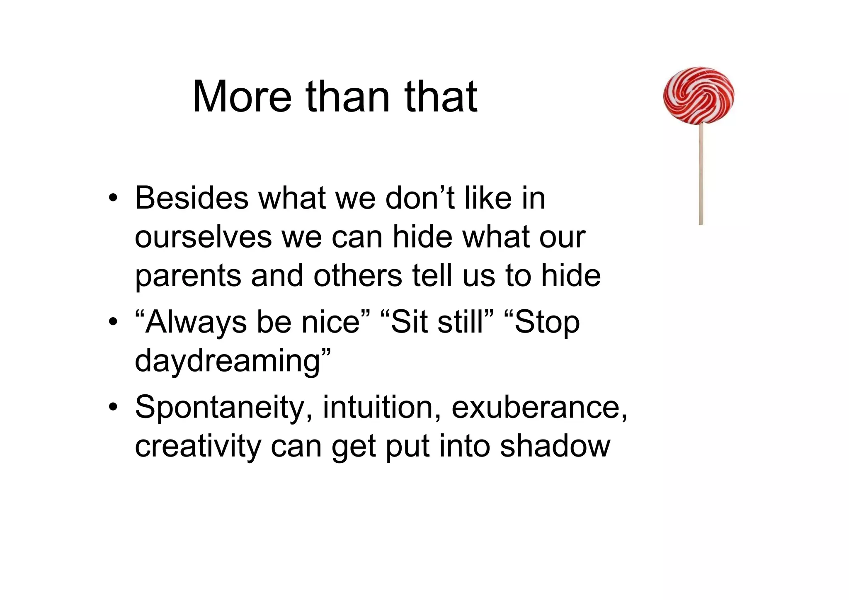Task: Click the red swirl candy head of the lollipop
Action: (x=699, y=95)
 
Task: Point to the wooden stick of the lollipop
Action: (x=701, y=174)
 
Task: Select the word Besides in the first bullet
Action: (x=192, y=198)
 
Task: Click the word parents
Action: (x=188, y=276)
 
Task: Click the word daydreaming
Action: (x=228, y=361)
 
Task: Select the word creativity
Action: (x=198, y=446)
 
